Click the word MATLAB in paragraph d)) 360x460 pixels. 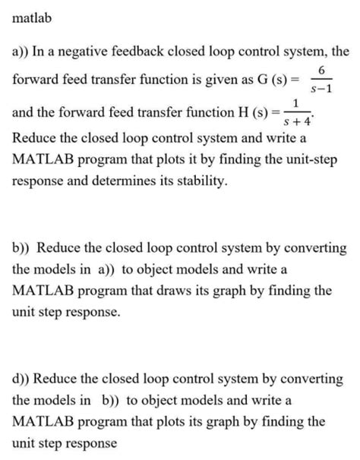pyautogui.click(x=48, y=422)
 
